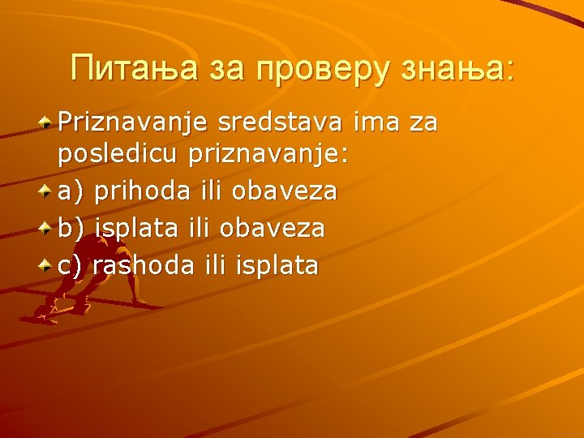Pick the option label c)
[x=71, y=265]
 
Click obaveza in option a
[x=285, y=191]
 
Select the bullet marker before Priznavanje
[x=48, y=121]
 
